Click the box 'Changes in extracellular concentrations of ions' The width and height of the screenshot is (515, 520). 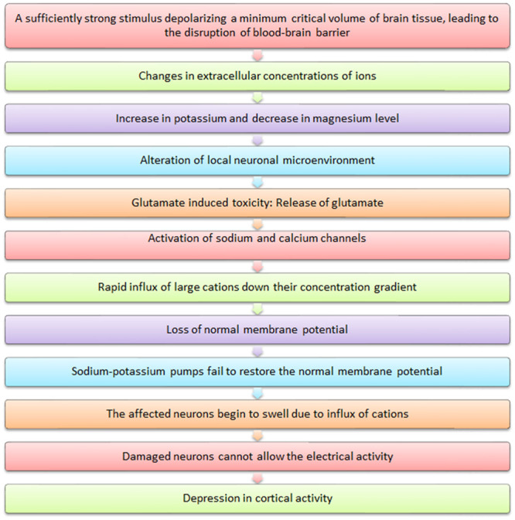click(257, 76)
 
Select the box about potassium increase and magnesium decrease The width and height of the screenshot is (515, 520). click(257, 118)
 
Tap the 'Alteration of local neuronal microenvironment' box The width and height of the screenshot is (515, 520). click(257, 160)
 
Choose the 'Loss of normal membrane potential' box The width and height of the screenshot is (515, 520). click(257, 330)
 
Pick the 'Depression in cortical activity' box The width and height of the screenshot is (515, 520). click(257, 498)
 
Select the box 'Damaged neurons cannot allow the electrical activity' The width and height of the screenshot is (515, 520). click(257, 457)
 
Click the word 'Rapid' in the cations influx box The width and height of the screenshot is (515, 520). click(113, 288)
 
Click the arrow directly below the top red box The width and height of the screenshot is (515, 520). click(258, 56)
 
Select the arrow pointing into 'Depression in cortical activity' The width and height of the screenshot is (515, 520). click(258, 477)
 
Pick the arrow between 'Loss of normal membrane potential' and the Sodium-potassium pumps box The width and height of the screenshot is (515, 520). click(258, 351)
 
